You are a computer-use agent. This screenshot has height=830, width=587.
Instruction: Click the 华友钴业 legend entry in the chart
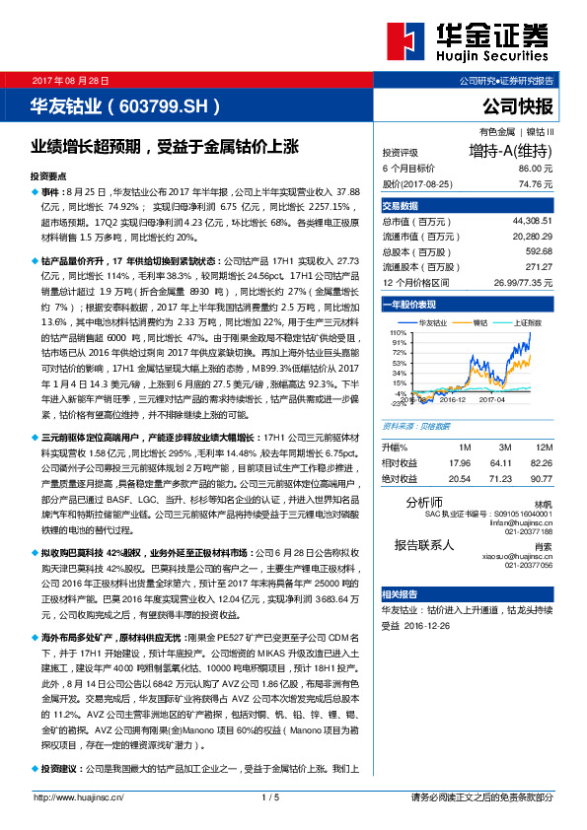click(x=434, y=322)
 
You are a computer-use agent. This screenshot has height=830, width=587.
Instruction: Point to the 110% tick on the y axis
click(x=399, y=333)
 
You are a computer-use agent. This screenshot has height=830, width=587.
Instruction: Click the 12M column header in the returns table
click(x=542, y=448)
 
